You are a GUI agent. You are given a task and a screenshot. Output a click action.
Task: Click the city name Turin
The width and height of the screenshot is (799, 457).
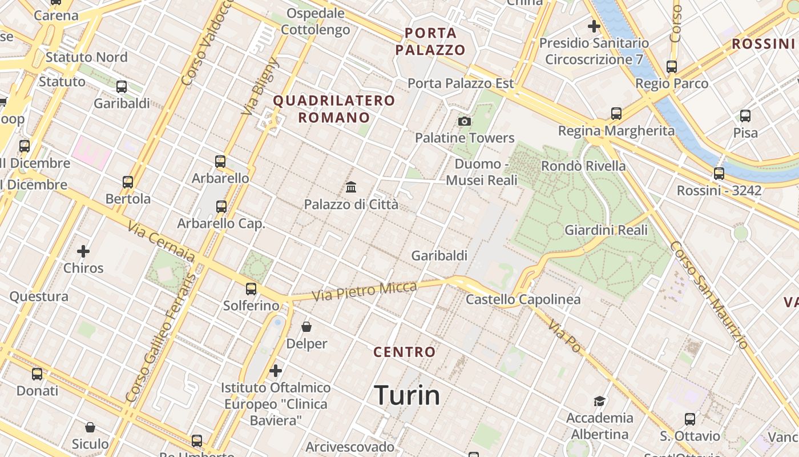[x=407, y=395]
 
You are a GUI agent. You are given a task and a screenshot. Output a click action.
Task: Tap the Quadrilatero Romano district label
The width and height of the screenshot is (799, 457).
[x=334, y=109]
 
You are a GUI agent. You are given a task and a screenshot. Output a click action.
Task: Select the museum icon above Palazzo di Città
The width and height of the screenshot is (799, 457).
[x=351, y=187]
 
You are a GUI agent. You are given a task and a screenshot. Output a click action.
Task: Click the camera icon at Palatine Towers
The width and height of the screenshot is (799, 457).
[x=465, y=121]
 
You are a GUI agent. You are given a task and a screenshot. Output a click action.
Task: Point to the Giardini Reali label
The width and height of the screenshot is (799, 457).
[x=606, y=230]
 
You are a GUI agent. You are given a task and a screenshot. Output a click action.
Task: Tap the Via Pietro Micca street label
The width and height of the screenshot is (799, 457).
[x=365, y=291]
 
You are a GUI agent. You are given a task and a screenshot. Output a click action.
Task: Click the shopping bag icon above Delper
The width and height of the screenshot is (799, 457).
[x=306, y=327]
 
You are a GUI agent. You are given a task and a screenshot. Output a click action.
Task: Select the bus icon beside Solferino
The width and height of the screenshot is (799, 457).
[x=251, y=289]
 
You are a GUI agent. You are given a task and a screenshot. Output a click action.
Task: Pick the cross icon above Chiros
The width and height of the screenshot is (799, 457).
[x=83, y=251]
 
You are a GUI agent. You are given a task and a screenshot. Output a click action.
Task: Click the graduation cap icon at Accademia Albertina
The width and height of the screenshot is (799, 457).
[x=599, y=401]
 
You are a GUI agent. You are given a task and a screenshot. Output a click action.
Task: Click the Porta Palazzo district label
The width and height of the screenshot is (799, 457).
[x=430, y=41]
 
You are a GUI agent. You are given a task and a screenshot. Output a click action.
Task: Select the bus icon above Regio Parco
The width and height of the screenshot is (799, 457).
[x=672, y=67]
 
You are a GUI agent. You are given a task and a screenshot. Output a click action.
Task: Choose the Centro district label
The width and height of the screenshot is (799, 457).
[x=405, y=352]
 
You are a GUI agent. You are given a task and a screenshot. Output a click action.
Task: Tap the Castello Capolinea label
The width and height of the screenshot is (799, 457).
[x=523, y=299]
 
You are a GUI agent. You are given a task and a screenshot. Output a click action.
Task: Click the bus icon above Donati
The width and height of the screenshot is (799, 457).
[x=37, y=374]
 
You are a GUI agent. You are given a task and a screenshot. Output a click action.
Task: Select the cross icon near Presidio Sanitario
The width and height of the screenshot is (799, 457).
[x=594, y=26]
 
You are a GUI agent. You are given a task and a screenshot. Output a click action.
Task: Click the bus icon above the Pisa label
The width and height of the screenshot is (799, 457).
[x=745, y=116]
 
